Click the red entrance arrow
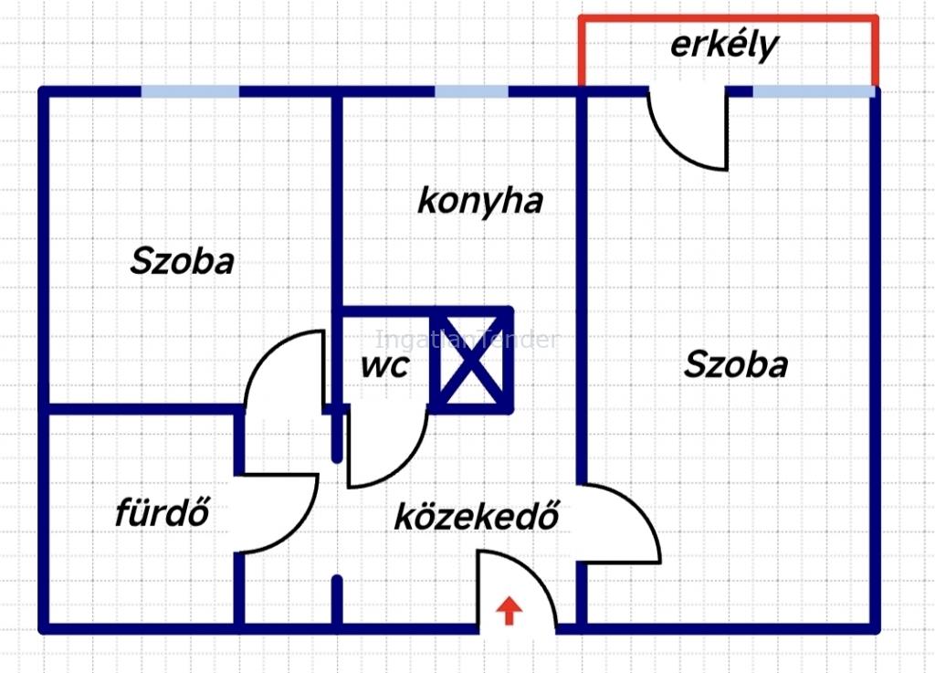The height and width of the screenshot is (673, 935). coord(509,610)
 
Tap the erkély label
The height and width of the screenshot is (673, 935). coord(724,46)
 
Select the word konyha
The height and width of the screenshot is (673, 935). coord(480,201)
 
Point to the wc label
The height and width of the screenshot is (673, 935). coord(385,365)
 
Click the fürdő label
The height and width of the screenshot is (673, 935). coord(163,511)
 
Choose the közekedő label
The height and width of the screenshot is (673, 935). coord(477,516)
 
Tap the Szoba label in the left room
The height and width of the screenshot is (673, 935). coord(182,261)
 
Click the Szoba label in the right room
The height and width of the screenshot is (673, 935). coord(735,364)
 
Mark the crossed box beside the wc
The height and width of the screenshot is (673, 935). coord(471,360)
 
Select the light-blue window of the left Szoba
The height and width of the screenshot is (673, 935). coord(190,92)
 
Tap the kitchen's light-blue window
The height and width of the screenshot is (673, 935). coord(471,92)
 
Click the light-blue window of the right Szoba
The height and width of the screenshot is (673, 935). coord(814,92)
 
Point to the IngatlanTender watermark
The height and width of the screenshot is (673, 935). coord(467,340)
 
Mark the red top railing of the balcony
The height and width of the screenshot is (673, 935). coord(728,19)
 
